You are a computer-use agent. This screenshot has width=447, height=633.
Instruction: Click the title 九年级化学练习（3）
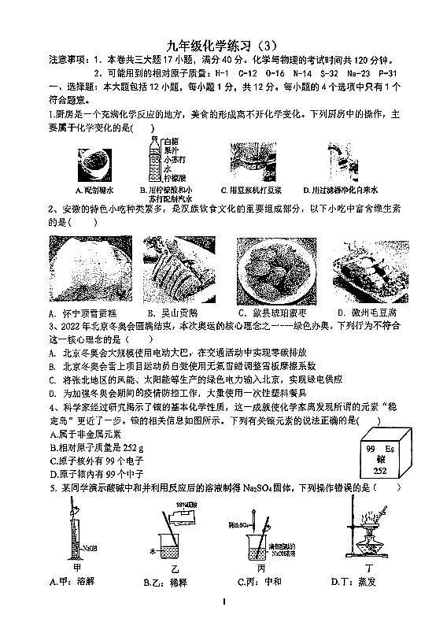click(223, 45)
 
